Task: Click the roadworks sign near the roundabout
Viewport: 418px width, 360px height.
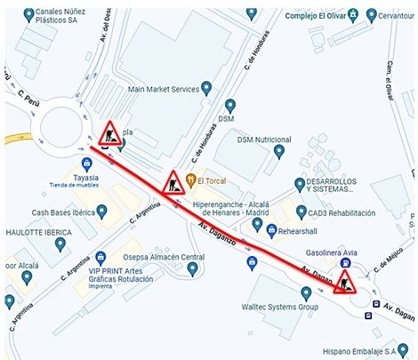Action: pyautogui.click(x=110, y=134)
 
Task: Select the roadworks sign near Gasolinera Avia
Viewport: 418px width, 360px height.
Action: pyautogui.click(x=344, y=282)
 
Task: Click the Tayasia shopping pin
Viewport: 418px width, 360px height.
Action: pyautogui.click(x=86, y=164)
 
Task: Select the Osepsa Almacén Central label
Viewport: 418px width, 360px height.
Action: pyautogui.click(x=164, y=257)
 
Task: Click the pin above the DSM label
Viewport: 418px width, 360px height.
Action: pyautogui.click(x=230, y=105)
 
